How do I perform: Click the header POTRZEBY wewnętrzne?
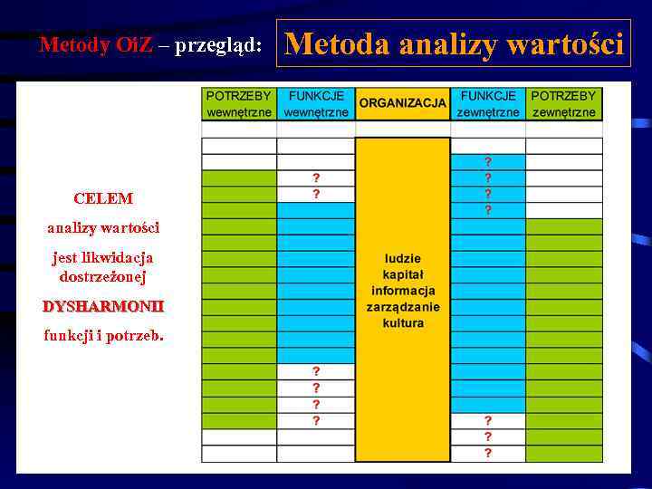pyautogui.click(x=239, y=104)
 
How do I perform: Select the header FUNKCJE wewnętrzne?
pyautogui.click(x=315, y=104)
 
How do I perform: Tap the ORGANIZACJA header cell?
pyautogui.click(x=402, y=103)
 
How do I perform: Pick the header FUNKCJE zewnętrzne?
pyautogui.click(x=488, y=104)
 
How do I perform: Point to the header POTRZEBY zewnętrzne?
pyautogui.click(x=563, y=104)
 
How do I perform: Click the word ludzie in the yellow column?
pyautogui.click(x=403, y=258)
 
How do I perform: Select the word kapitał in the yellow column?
pyautogui.click(x=403, y=274)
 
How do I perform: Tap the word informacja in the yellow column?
pyautogui.click(x=403, y=291)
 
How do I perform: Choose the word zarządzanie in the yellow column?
pyautogui.click(x=403, y=307)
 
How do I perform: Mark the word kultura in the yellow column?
pyautogui.click(x=403, y=323)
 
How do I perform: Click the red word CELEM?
pyautogui.click(x=103, y=198)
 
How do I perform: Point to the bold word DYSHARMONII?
pyautogui.click(x=103, y=307)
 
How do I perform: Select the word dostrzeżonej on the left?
pyautogui.click(x=103, y=276)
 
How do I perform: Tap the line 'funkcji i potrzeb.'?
pyautogui.click(x=103, y=336)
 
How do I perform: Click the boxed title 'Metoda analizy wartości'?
pyautogui.click(x=455, y=43)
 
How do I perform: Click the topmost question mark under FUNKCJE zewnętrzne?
pyautogui.click(x=488, y=161)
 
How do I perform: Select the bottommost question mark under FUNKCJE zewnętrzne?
pyautogui.click(x=488, y=453)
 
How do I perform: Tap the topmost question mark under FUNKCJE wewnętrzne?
pyautogui.click(x=316, y=177)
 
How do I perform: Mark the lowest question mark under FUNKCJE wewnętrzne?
pyautogui.click(x=316, y=420)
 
